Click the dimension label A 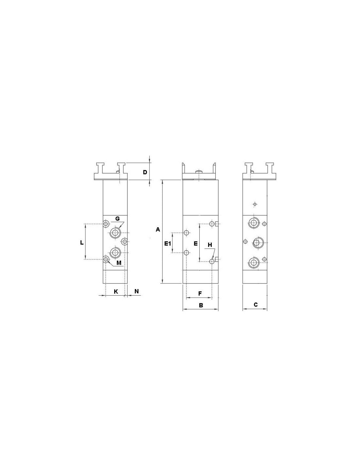pyautogui.click(x=158, y=230)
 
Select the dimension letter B pyautogui.click(x=201, y=305)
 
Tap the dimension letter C pyautogui.click(x=256, y=304)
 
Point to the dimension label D pyautogui.click(x=145, y=172)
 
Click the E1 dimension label pyautogui.click(x=168, y=243)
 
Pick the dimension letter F pyautogui.click(x=200, y=294)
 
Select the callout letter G pyautogui.click(x=117, y=219)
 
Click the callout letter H pyautogui.click(x=210, y=245)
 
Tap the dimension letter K pyautogui.click(x=116, y=292)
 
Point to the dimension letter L pyautogui.click(x=82, y=243)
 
